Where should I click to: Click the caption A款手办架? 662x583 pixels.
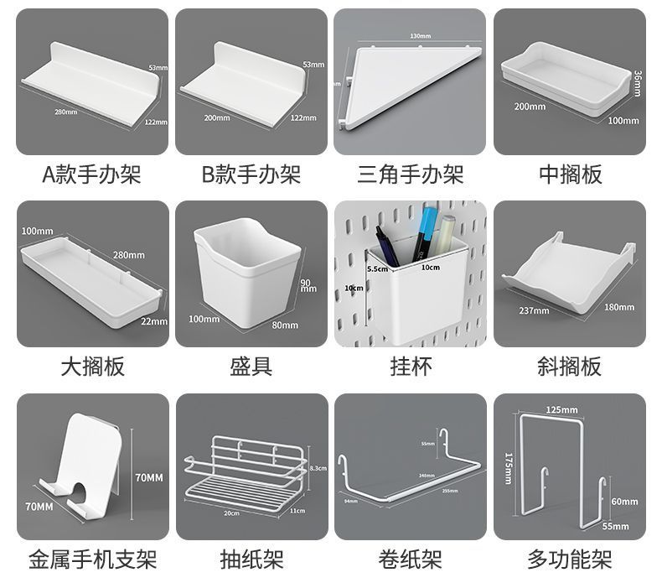pos(92,174)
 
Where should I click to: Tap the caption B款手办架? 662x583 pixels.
pos(251,174)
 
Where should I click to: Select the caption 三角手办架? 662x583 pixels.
pos(410,174)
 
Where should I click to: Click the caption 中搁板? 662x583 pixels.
pos(570,174)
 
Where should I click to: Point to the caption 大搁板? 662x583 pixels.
pos(92,367)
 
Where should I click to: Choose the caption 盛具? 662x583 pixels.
pos(251,367)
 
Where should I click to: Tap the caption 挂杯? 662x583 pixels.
pos(410,367)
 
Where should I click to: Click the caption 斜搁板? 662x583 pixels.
pos(570,367)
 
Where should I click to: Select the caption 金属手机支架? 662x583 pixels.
pos(92,559)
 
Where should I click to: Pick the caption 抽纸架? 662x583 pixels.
pos(251,559)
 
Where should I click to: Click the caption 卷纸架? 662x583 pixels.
pos(410,559)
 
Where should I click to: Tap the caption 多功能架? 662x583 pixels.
pos(570,559)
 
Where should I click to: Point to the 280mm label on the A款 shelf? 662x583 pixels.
pos(65,112)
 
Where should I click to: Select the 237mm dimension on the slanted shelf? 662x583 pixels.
pos(534,310)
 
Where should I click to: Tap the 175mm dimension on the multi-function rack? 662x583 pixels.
pos(509,467)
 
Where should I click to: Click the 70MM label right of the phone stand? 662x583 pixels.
pos(149,477)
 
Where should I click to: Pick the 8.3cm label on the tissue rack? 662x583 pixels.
pos(318,468)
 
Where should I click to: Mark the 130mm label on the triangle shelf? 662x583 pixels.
pos(420,36)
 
